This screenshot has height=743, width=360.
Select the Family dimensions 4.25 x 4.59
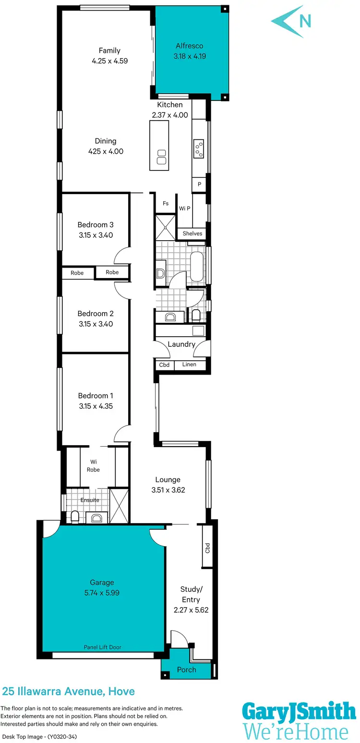click(109, 61)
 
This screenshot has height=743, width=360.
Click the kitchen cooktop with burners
click(199, 148)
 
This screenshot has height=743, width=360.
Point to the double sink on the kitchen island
click(160, 157)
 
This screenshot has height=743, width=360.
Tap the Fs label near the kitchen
click(166, 204)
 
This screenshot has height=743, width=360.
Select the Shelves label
click(192, 233)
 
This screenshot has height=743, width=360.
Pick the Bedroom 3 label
click(96, 225)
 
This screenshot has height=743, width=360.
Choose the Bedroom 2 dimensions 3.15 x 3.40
click(96, 324)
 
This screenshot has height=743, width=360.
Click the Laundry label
click(181, 344)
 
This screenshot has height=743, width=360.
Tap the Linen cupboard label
click(189, 365)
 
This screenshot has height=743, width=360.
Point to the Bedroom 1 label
click(96, 396)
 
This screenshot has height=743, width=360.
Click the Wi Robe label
click(93, 466)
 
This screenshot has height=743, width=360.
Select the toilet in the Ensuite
click(75, 516)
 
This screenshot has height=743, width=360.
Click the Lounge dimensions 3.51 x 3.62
click(168, 490)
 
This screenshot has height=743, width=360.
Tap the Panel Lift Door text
click(102, 647)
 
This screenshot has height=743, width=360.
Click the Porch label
click(186, 670)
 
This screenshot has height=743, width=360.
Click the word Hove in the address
click(121, 692)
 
